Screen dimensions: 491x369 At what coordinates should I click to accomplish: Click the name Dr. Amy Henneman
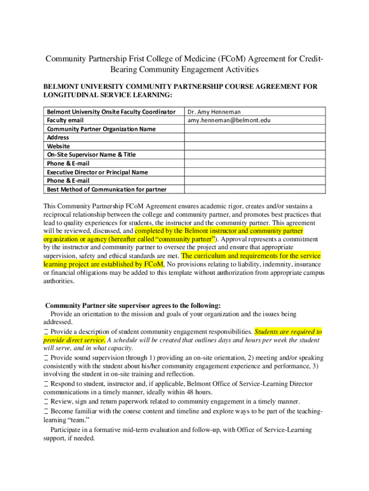[x=214, y=112]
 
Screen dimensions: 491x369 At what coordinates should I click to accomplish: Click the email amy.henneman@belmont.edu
[x=229, y=120]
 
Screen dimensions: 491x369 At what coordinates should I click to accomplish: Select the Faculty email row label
[x=65, y=120]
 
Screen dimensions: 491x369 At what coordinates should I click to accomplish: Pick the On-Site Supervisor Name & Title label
[x=91, y=155]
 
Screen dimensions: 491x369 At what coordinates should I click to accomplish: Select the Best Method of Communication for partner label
[x=106, y=189]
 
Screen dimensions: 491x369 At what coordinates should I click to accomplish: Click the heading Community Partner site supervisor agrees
[x=133, y=305]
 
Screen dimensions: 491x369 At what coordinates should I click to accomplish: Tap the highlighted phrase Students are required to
[x=288, y=331]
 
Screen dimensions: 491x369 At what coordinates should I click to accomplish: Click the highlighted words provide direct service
[x=74, y=340]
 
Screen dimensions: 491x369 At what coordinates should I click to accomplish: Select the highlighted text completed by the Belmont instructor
[x=219, y=231]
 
